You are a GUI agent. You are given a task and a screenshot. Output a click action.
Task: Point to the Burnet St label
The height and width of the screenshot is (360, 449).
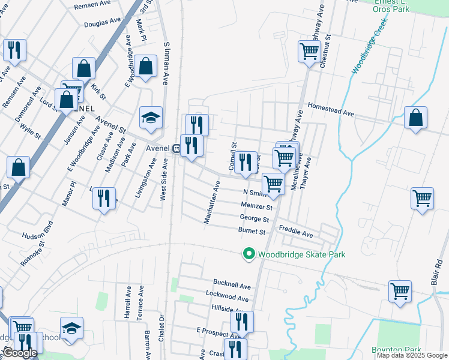pyautogui.click(x=252, y=231)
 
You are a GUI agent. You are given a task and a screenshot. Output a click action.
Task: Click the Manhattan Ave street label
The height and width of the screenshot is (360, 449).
pyautogui.click(x=212, y=204)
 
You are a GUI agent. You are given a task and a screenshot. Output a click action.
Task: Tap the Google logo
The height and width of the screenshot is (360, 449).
pyautogui.click(x=20, y=353)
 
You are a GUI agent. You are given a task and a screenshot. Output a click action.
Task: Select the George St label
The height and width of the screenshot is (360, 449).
pyautogui.click(x=254, y=218)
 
